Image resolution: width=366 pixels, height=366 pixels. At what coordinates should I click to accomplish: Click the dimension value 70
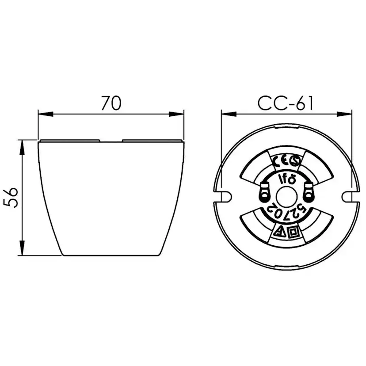[x=111, y=103]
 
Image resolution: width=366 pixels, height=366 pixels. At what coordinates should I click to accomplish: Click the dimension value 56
[x=11, y=197]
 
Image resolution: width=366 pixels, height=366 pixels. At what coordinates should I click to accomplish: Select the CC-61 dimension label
[x=285, y=103]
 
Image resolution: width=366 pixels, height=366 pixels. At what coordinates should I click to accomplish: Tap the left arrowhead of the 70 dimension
[x=46, y=114]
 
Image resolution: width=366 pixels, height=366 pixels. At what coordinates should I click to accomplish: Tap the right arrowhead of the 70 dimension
[x=176, y=114]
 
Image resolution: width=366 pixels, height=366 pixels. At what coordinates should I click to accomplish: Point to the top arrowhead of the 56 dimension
[x=22, y=148]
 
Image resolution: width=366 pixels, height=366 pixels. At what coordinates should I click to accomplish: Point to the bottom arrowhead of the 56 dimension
[x=22, y=248]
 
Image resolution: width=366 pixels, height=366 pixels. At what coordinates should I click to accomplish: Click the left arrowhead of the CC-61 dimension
[x=229, y=114]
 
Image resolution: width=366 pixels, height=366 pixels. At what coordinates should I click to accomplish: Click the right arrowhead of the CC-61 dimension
[x=344, y=114]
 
